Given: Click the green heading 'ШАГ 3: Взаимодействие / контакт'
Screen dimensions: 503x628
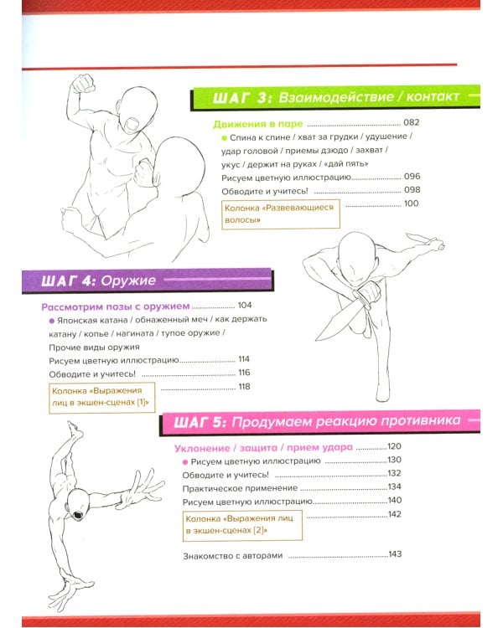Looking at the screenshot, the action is (335, 97).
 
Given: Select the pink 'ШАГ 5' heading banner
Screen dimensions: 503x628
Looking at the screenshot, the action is (320, 421).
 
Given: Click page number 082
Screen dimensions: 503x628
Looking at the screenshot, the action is (411, 122).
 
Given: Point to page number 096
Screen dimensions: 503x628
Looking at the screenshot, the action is (412, 176).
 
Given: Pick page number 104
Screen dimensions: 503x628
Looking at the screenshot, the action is (245, 305).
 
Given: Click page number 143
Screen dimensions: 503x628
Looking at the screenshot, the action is (395, 554).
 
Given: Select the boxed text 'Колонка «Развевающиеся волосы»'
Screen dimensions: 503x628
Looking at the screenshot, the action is (281, 214).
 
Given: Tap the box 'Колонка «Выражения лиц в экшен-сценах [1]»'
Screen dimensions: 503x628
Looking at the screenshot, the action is (102, 398).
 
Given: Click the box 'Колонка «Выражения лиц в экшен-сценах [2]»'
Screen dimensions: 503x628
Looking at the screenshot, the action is (242, 526).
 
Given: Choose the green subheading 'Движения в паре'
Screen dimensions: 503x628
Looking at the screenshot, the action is (258, 124).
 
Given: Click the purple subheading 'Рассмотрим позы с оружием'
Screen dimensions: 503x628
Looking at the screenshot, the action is (116, 306).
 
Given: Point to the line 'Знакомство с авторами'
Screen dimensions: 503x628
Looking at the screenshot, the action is (233, 556).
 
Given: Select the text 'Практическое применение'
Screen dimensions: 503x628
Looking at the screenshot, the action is (240, 489).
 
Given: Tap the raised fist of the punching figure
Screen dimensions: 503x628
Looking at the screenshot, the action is (83, 83).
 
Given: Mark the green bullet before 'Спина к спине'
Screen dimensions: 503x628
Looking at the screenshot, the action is (224, 138).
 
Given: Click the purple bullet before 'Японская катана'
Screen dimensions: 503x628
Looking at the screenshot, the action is (51, 321).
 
